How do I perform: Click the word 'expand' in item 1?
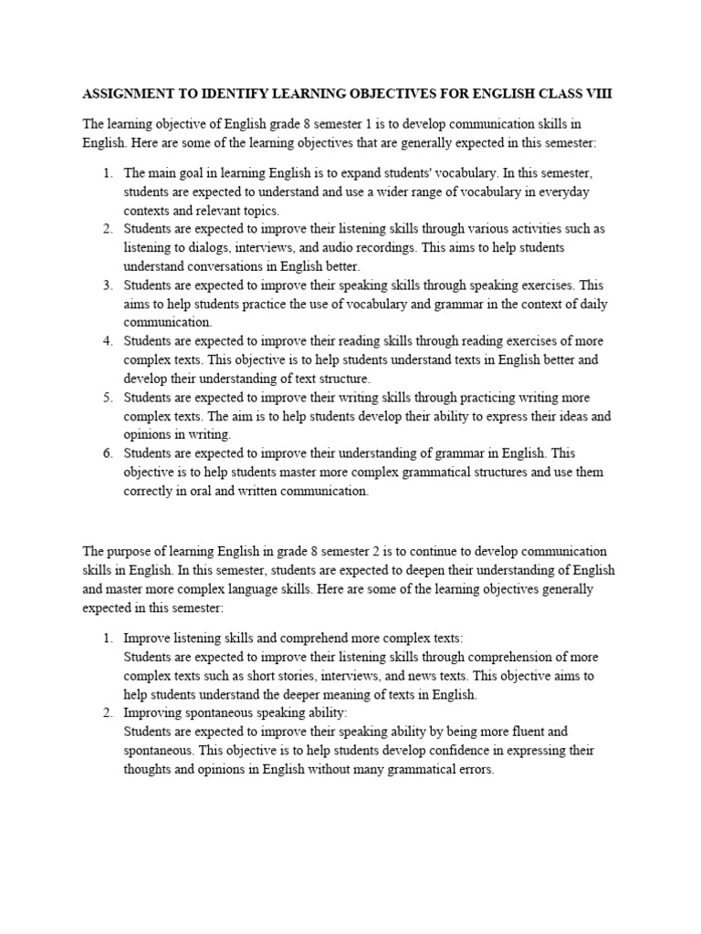[x=347, y=172]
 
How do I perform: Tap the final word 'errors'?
[x=474, y=769]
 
